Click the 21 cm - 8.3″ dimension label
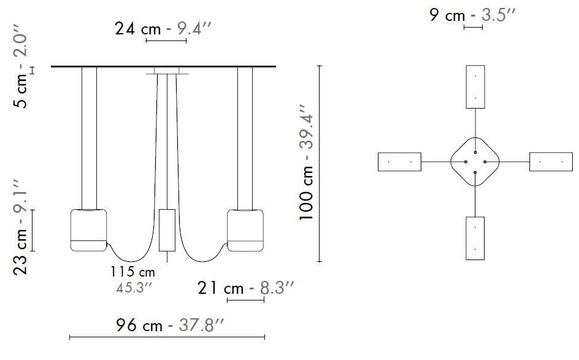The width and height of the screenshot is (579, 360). click(247, 288)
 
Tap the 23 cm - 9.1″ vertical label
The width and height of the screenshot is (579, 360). click(21, 227)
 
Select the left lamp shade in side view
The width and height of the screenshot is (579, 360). click(89, 230)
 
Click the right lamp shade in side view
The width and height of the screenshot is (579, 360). click(245, 230)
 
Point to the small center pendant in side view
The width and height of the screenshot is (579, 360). click(167, 230)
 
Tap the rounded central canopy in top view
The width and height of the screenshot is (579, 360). click(475, 161)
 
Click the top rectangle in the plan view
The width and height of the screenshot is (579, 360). click(475, 86)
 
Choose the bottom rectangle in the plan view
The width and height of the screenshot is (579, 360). click(475, 238)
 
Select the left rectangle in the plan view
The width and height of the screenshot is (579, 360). click(399, 162)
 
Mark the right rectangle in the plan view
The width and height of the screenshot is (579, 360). click(550, 162)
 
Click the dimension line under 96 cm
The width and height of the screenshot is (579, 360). click(167, 337)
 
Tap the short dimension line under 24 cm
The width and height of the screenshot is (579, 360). click(166, 41)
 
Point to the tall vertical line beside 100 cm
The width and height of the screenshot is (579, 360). click(319, 164)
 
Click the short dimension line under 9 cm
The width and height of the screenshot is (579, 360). click(474, 28)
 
